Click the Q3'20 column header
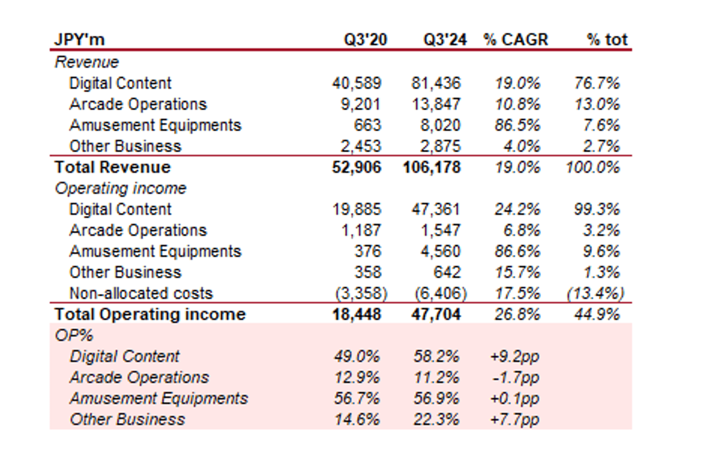point(366,40)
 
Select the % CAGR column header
point(515,40)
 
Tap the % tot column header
point(607,40)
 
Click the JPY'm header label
point(80,40)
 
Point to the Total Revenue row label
point(112,167)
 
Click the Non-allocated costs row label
point(141,293)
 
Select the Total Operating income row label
point(150,314)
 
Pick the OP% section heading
point(74,335)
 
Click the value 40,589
point(356,83)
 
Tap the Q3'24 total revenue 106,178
point(432,167)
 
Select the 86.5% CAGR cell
point(517,126)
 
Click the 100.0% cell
point(592,167)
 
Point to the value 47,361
point(436,209)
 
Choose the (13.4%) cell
point(596,293)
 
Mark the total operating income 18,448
point(356,314)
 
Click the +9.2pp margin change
point(514,357)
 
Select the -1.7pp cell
point(515,378)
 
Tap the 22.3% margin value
point(436,420)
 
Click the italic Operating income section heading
point(121,188)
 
